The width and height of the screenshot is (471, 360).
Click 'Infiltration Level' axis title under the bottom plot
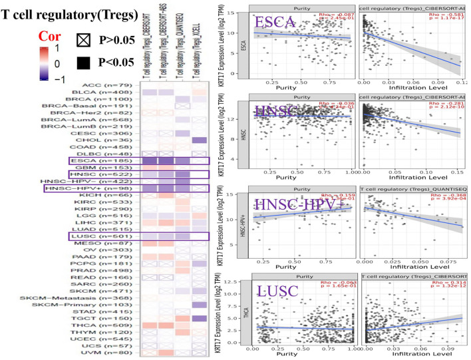pyautogui.click(x=414, y=356)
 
